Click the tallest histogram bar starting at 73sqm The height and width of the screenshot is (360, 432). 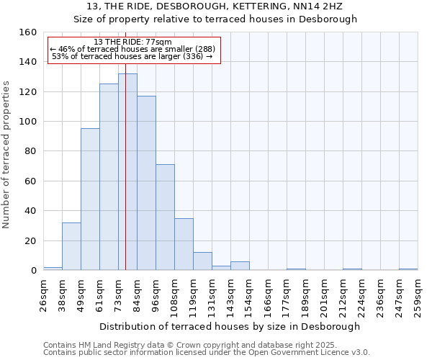[x=127, y=173]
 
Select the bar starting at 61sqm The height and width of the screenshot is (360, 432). [x=109, y=177]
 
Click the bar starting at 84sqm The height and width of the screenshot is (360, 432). [x=146, y=183]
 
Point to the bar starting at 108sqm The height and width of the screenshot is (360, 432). [x=184, y=244]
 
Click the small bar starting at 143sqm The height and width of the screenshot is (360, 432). [x=240, y=266]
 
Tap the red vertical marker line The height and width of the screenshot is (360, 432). [x=125, y=216]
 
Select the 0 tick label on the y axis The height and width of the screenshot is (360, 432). [x=33, y=271]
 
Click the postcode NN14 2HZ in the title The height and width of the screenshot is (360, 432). [x=320, y=6]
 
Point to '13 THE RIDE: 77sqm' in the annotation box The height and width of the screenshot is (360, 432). [x=133, y=42]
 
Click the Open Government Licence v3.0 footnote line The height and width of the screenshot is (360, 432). [x=207, y=353]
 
